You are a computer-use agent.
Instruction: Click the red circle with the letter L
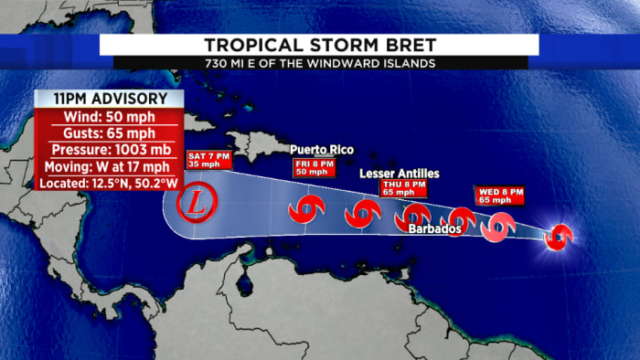[x=197, y=205]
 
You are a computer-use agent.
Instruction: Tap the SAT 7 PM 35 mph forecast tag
[x=208, y=160]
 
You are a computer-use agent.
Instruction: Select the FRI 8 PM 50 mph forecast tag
[x=311, y=166]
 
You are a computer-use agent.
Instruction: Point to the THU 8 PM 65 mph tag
[x=403, y=188]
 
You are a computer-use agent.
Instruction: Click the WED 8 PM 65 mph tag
[x=500, y=194]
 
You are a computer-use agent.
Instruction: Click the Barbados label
[x=435, y=228]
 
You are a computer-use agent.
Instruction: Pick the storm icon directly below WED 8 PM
[x=499, y=225]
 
